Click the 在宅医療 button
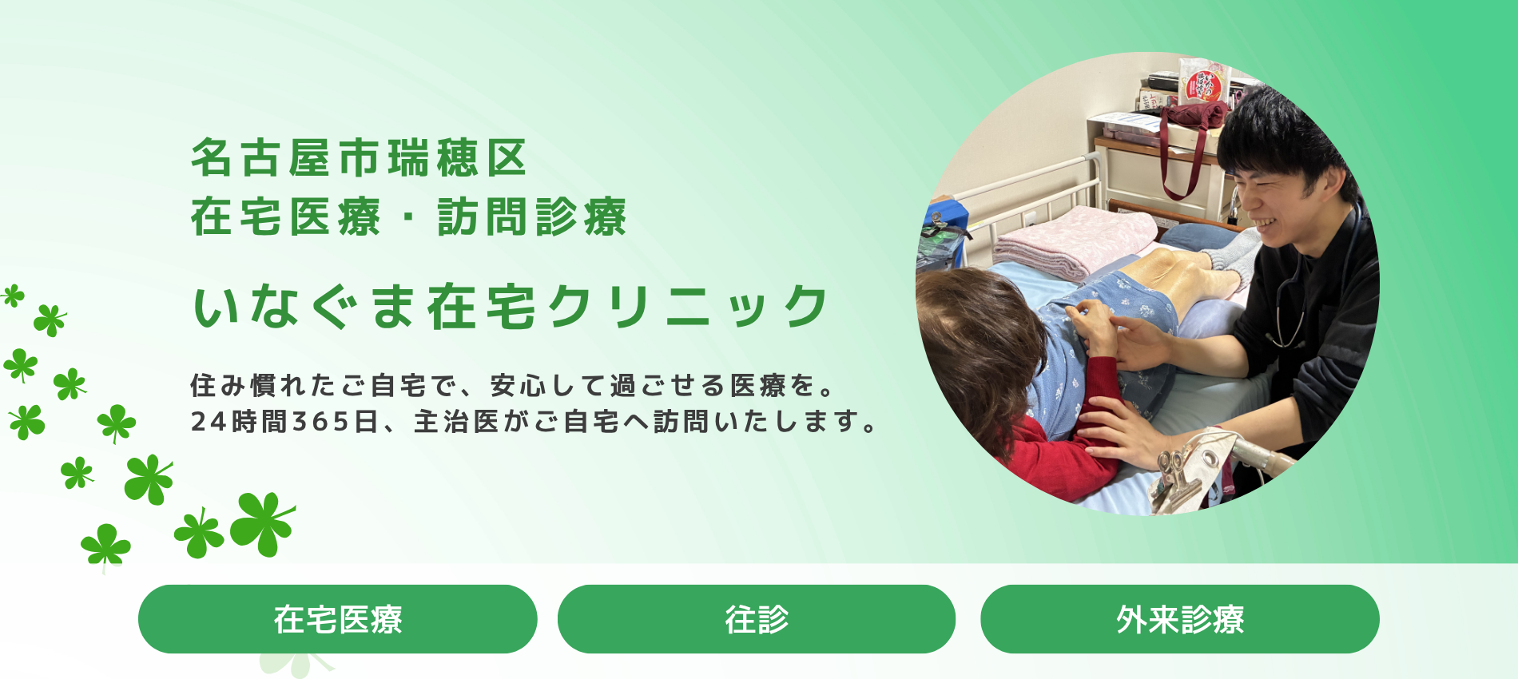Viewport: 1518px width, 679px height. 337,619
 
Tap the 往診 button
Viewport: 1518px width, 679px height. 757,619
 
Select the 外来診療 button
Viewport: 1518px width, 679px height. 1180,619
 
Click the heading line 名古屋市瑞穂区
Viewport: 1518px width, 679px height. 359,157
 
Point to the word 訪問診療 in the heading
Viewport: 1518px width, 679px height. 532,216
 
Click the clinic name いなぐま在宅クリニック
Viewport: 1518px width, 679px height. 511,307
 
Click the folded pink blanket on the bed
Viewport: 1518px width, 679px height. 1071,240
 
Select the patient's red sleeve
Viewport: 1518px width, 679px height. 1063,447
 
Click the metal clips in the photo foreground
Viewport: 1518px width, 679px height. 1182,475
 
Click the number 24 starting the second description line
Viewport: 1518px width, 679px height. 209,421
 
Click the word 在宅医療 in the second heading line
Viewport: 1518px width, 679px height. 285,216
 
